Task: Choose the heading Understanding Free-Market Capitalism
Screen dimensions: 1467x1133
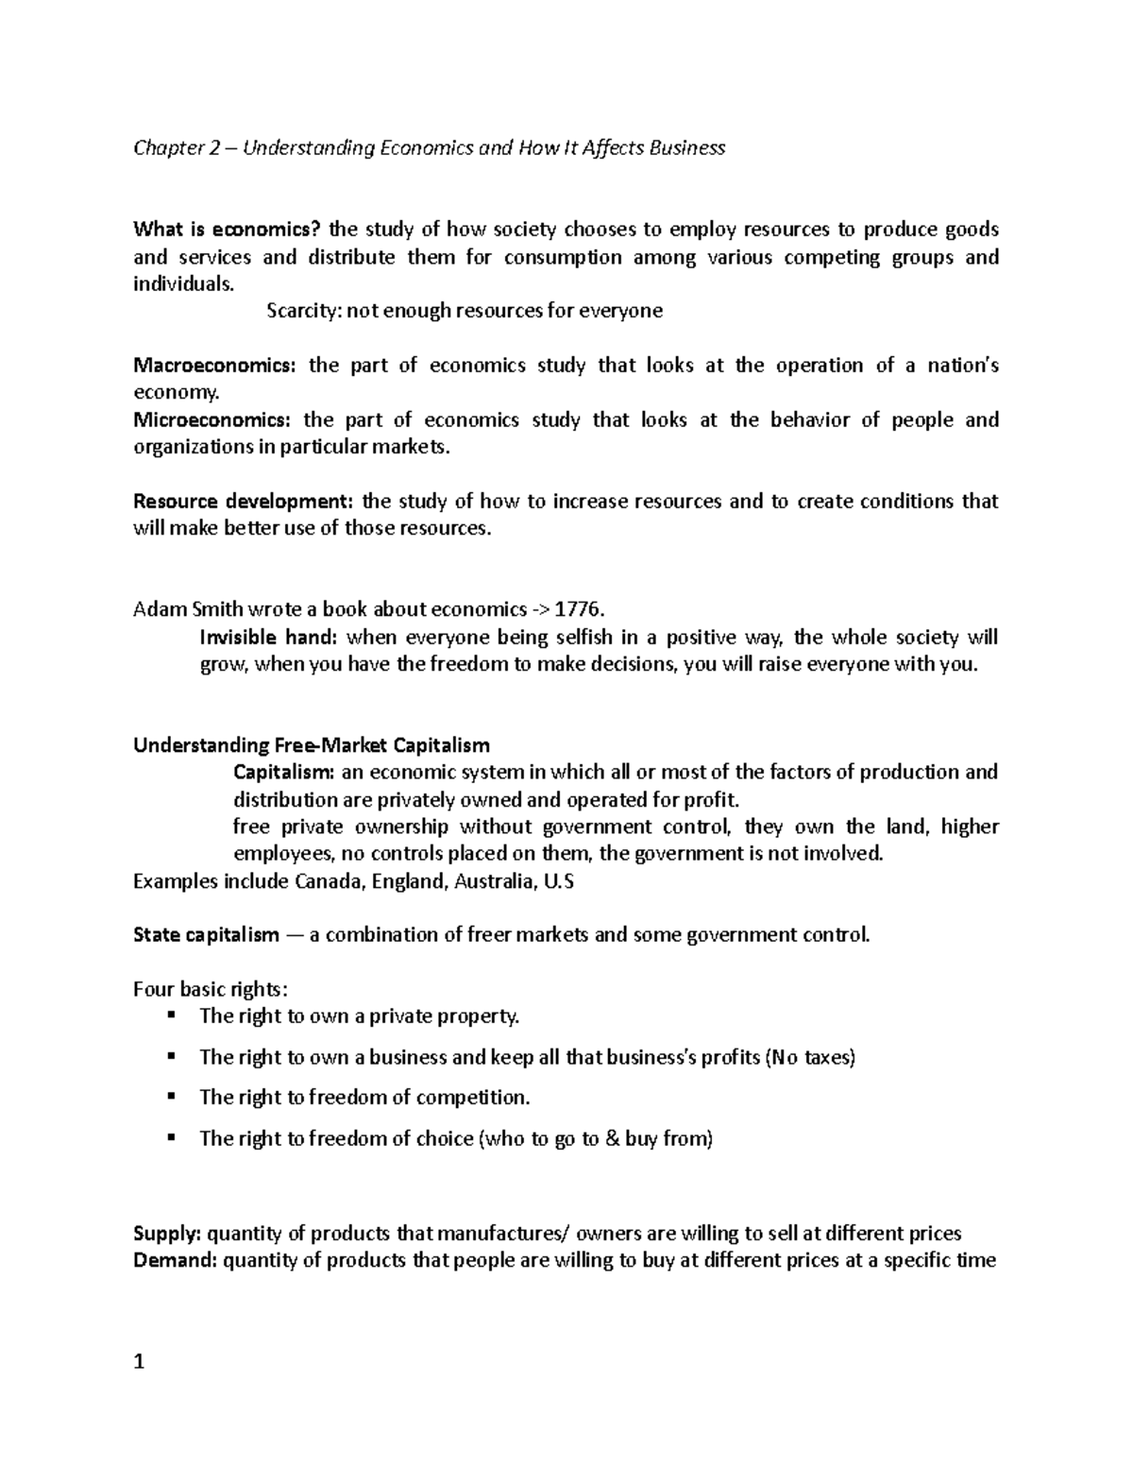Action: click(x=312, y=745)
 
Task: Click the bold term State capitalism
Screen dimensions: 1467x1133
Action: click(x=207, y=935)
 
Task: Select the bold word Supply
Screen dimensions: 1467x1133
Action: click(x=167, y=1233)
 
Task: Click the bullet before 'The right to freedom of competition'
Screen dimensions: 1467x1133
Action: click(x=171, y=1097)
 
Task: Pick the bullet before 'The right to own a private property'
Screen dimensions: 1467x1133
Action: click(x=171, y=1015)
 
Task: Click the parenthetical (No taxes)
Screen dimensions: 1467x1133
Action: click(x=809, y=1057)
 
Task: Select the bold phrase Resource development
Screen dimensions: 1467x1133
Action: click(x=244, y=502)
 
